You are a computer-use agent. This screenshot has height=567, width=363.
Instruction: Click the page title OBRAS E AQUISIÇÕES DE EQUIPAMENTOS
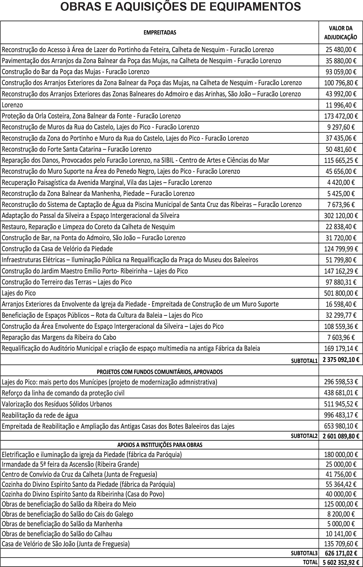181,7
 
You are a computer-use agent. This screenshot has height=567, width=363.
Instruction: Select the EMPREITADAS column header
160,33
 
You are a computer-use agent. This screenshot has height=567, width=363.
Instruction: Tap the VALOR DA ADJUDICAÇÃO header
341,33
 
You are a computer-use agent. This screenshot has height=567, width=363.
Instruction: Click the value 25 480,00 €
341,50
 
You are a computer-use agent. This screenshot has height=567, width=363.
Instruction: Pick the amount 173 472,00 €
341,116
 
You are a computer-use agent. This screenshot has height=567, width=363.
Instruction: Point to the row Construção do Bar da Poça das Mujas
76,72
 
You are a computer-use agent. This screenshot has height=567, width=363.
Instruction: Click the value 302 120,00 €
341,215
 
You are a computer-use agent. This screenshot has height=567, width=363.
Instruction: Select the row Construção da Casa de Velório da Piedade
57,249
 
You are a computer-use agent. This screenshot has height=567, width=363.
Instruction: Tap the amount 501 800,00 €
341,293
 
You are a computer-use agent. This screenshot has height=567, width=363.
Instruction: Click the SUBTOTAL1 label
304,361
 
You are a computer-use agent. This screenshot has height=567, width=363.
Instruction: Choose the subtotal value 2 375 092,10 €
341,360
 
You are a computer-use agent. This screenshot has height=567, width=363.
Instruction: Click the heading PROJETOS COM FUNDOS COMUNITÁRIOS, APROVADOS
160,372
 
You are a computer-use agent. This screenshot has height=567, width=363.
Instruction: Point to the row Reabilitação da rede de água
40,415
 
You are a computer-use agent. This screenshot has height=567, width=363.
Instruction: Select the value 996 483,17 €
341,415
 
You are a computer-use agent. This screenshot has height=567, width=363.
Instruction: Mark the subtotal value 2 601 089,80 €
341,436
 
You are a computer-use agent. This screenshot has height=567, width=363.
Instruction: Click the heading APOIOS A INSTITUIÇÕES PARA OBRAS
160,445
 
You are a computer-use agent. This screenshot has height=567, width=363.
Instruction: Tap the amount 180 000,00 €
341,454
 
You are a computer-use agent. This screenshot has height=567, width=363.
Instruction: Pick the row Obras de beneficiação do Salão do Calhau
57,534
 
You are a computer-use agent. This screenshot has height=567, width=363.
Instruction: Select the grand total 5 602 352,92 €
341,562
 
